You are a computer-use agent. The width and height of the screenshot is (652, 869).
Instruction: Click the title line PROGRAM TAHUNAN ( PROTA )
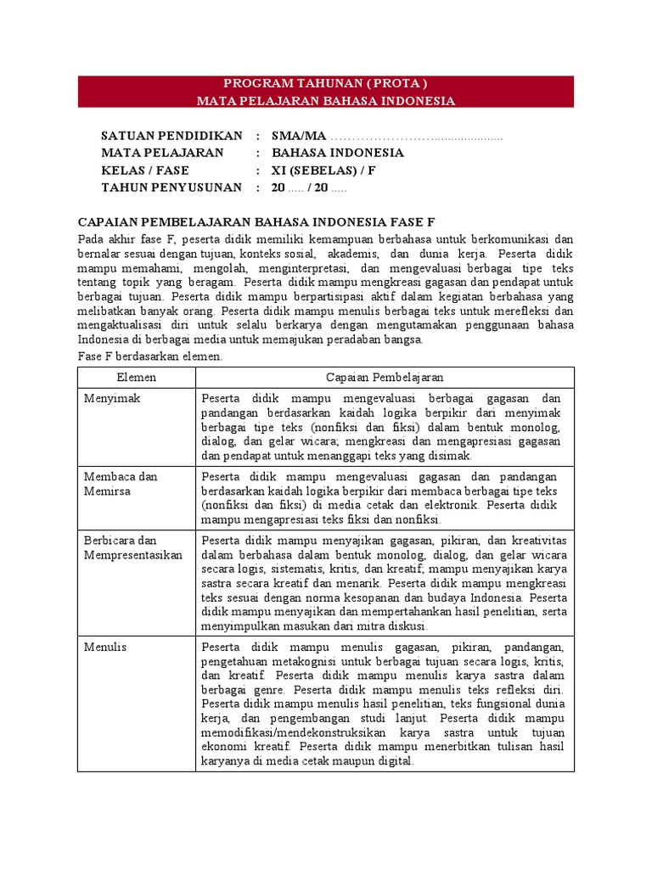tap(325, 83)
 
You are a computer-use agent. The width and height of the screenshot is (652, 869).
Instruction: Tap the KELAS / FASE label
tap(144, 170)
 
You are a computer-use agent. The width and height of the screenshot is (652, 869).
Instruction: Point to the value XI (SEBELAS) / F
tap(323, 170)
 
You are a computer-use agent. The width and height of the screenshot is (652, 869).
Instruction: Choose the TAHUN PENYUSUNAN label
tap(171, 187)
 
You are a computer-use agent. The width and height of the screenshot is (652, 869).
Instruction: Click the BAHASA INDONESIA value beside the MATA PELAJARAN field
tap(326, 153)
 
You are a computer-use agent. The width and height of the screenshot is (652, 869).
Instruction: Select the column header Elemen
tap(136, 377)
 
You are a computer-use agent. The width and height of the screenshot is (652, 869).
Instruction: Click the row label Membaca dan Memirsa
tap(121, 484)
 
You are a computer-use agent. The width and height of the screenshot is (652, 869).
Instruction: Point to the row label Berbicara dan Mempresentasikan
tap(133, 547)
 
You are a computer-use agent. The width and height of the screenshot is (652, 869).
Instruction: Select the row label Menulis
tap(105, 647)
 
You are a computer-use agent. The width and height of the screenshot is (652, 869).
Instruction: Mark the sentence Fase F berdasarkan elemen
tap(149, 356)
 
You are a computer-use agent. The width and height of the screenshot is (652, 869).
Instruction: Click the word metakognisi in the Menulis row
tap(301, 661)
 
